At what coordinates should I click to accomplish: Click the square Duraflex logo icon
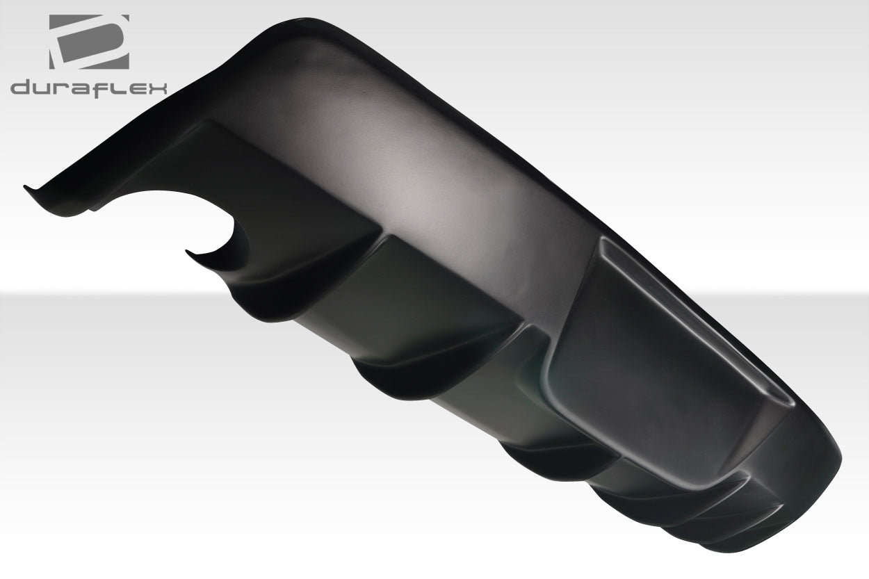(x=88, y=42)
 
